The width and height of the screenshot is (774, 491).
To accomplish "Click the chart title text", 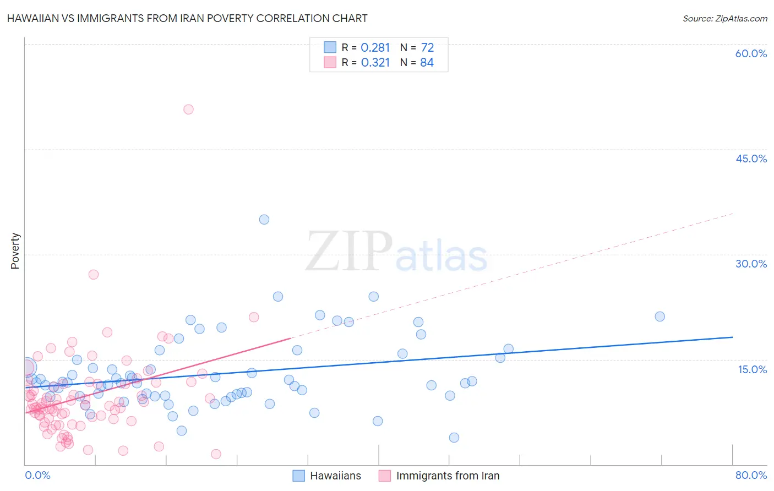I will pos(187,18).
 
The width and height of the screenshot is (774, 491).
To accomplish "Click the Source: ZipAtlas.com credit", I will pos(724,18).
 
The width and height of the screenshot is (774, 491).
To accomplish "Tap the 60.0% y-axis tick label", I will pos(751,53).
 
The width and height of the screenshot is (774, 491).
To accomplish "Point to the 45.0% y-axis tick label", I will pos(751,159).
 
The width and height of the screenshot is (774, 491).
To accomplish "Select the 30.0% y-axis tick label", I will pos(751,264).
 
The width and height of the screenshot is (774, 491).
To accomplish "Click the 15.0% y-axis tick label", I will pos(752,369).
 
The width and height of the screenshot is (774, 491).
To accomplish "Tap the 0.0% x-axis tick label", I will pos(37,475).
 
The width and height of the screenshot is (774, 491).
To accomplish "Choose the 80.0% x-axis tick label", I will pos(751,475).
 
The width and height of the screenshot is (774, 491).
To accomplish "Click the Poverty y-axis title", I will pos(15,251).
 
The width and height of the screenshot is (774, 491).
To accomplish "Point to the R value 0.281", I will pos(375,48).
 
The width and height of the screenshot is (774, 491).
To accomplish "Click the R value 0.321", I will pos(375,63).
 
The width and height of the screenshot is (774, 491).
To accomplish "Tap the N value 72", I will pos(427,48).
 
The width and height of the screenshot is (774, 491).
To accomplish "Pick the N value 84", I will pos(427,63).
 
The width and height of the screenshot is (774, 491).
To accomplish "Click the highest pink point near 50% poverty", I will pos(188,109).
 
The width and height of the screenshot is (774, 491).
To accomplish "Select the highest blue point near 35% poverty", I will pos(264,219).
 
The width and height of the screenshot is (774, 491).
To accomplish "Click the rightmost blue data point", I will pos(659,317).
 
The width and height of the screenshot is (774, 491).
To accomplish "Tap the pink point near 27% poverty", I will pos(94,274).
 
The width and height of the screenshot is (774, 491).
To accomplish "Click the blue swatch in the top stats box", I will pos(330,47).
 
